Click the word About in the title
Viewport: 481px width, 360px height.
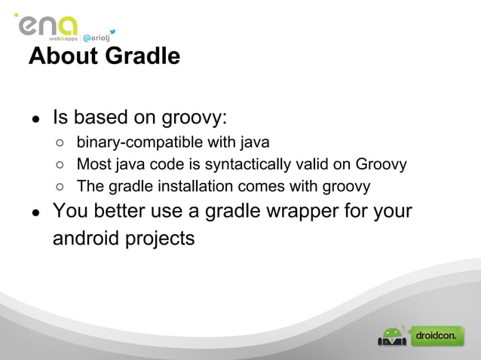click(63, 56)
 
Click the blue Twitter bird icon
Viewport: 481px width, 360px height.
click(112, 32)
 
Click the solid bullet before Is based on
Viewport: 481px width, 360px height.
click(35, 120)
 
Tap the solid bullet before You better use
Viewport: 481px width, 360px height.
click(35, 212)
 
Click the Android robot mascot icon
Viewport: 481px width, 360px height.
click(392, 336)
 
